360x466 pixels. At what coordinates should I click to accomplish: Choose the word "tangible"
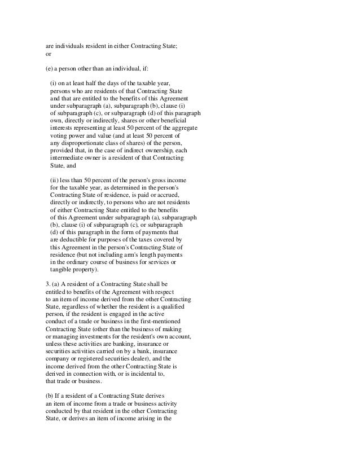coord(63,269)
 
